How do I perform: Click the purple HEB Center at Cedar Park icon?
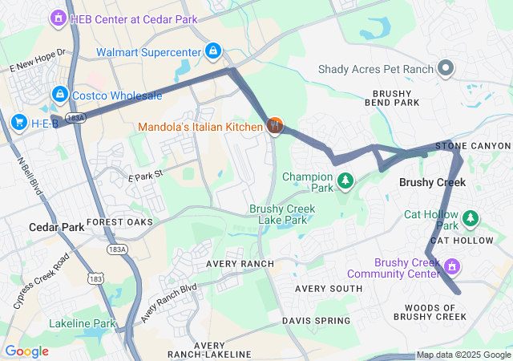point(58,17)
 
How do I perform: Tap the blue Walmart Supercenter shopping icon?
point(212,52)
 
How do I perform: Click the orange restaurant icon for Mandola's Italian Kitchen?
point(274,126)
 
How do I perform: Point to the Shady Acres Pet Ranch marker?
point(446,69)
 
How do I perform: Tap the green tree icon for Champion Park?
point(345,180)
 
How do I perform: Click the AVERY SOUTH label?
point(329,288)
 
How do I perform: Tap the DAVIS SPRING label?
point(316,321)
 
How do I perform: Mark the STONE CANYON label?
point(472,146)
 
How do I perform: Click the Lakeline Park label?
point(83,323)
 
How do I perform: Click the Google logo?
point(26,351)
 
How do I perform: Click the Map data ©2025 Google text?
point(463,355)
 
